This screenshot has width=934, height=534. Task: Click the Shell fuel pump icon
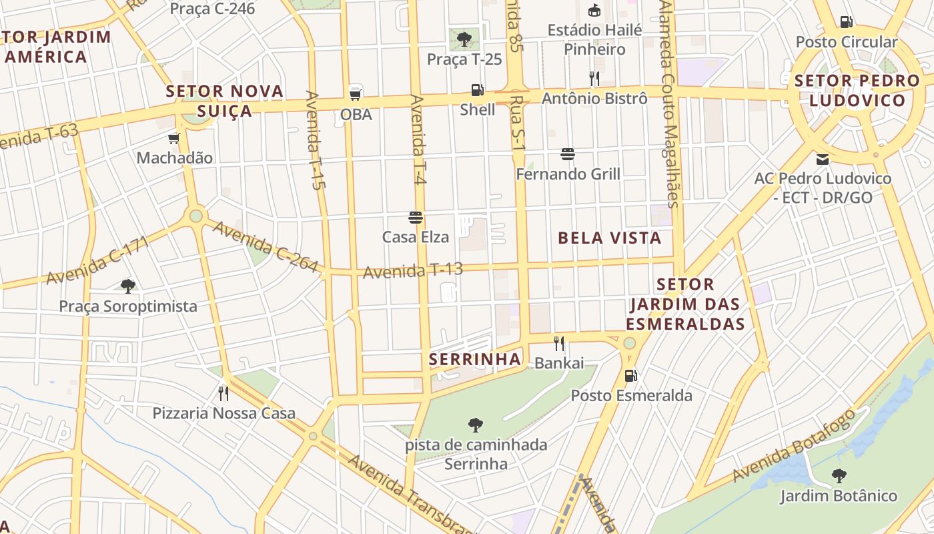pyautogui.click(x=477, y=89)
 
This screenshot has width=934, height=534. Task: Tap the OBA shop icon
pyautogui.click(x=356, y=93)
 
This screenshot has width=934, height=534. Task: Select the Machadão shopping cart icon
pyautogui.click(x=174, y=138)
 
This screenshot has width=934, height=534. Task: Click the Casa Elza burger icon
pyautogui.click(x=416, y=218)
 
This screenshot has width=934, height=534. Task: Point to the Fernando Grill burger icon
pyautogui.click(x=568, y=155)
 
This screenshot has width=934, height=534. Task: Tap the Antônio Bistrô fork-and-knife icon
pyautogui.click(x=594, y=79)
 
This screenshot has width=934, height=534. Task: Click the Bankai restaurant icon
pyautogui.click(x=559, y=344)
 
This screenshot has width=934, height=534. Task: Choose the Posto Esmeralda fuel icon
pyautogui.click(x=630, y=376)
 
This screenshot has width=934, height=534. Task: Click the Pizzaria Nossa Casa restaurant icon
pyautogui.click(x=223, y=393)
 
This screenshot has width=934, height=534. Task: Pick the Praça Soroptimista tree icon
pyautogui.click(x=128, y=286)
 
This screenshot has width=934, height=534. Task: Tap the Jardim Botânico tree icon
pyautogui.click(x=839, y=476)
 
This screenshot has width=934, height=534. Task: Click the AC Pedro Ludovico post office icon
pyautogui.click(x=822, y=160)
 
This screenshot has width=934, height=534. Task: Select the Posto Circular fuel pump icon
pyautogui.click(x=846, y=22)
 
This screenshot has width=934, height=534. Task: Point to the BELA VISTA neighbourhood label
pyautogui.click(x=609, y=238)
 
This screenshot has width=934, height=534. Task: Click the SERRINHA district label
pyautogui.click(x=474, y=360)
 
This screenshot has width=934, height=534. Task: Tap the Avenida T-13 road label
pyautogui.click(x=413, y=271)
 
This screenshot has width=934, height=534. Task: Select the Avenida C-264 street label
pyautogui.click(x=265, y=246)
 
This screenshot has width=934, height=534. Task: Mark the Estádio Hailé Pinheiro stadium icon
pyautogui.click(x=594, y=11)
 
